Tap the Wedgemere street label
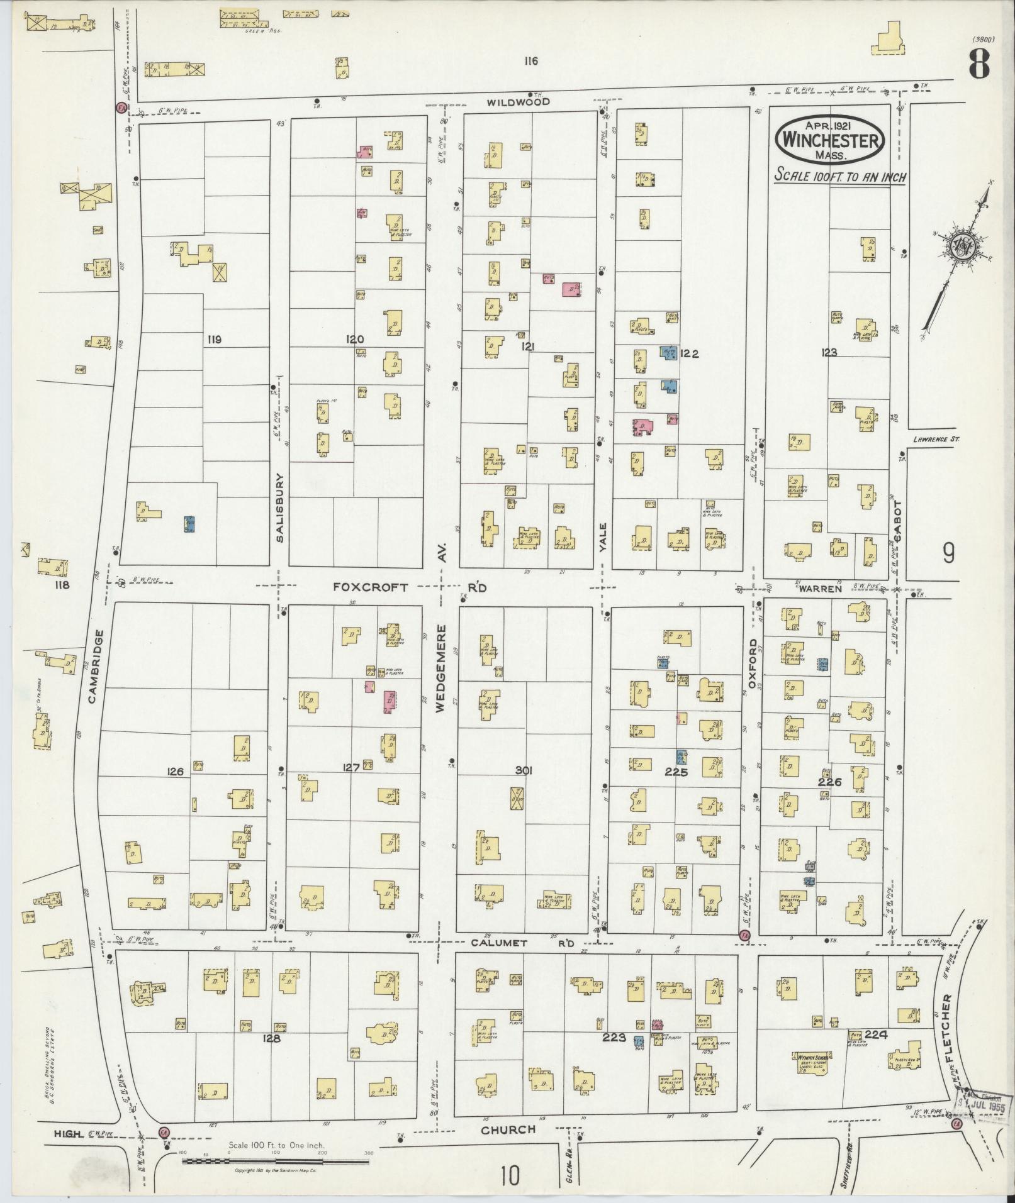pos(441,667)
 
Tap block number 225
pos(676,773)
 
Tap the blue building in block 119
pos(189,523)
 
